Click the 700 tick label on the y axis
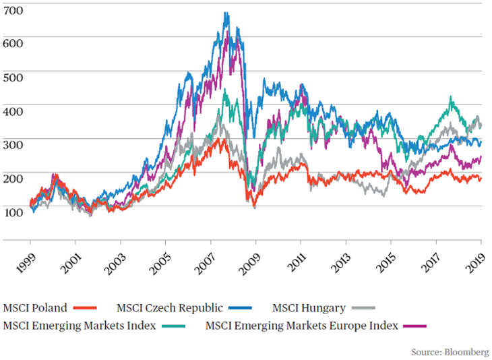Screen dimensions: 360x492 point(13,11)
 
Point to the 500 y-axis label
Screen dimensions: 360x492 point(13,78)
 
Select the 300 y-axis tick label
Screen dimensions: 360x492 point(13,145)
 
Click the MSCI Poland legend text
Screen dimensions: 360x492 point(35,309)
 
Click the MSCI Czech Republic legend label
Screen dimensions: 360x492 point(169,309)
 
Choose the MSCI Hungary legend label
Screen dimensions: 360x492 point(309,309)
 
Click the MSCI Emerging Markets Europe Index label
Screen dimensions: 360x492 point(301,326)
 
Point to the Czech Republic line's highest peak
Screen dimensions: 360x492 point(226,13)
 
